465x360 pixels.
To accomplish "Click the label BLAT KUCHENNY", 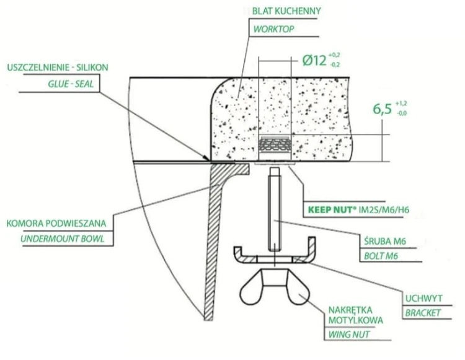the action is click(286, 11).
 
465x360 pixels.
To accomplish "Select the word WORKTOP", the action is click(273, 29).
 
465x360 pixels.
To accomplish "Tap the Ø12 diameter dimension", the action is click(314, 61).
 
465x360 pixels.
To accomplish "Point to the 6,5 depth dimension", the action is click(383, 109).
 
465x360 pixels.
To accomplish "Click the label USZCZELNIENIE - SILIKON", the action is click(58, 68).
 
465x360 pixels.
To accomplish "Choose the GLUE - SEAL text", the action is click(71, 84).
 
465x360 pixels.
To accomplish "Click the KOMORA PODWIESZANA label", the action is click(56, 223).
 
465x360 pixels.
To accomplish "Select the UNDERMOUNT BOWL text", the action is click(63, 239).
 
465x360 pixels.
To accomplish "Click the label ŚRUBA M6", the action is click(384, 241).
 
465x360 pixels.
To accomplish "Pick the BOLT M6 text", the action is click(381, 256).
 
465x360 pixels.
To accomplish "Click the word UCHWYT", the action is click(424, 298).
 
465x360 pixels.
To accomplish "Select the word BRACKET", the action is click(423, 312).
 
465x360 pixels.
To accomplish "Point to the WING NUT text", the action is click(348, 335).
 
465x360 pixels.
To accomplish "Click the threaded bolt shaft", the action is click(275, 209).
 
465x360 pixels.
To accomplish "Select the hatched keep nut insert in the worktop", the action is click(275, 145).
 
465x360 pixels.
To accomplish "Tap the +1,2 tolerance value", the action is click(401, 103).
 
